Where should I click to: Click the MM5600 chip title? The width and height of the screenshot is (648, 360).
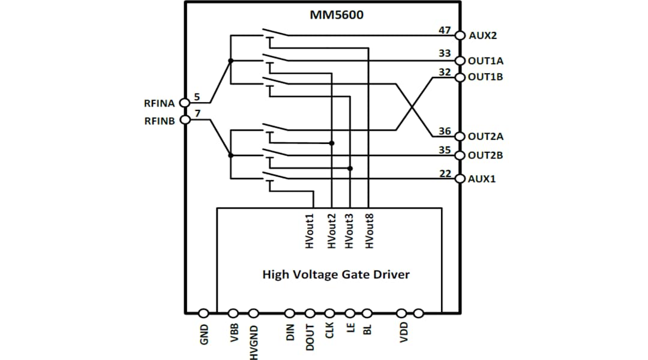click(336, 15)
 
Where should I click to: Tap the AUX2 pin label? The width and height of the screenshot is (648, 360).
click(482, 35)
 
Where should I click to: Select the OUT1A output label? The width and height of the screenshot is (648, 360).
click(485, 61)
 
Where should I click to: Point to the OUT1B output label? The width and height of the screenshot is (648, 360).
click(485, 77)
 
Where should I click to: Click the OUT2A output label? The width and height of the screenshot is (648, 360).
click(485, 136)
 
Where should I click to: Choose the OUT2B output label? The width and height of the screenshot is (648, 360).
click(485, 155)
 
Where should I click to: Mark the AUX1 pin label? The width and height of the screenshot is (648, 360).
click(482, 179)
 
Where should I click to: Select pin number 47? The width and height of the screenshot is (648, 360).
click(445, 29)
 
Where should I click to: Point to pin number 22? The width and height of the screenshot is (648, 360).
click(445, 173)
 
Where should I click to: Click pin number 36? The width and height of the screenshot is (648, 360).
click(445, 131)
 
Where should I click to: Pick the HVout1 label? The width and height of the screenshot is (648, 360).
click(310, 232)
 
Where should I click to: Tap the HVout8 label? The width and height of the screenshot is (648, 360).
click(369, 232)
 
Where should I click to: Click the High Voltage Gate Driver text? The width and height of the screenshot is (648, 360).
click(336, 275)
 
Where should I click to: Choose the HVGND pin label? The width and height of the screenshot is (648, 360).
click(253, 341)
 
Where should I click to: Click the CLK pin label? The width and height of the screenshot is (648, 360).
click(329, 331)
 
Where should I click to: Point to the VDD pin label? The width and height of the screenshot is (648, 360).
click(403, 331)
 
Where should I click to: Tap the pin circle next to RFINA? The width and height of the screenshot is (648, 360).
click(185, 103)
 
